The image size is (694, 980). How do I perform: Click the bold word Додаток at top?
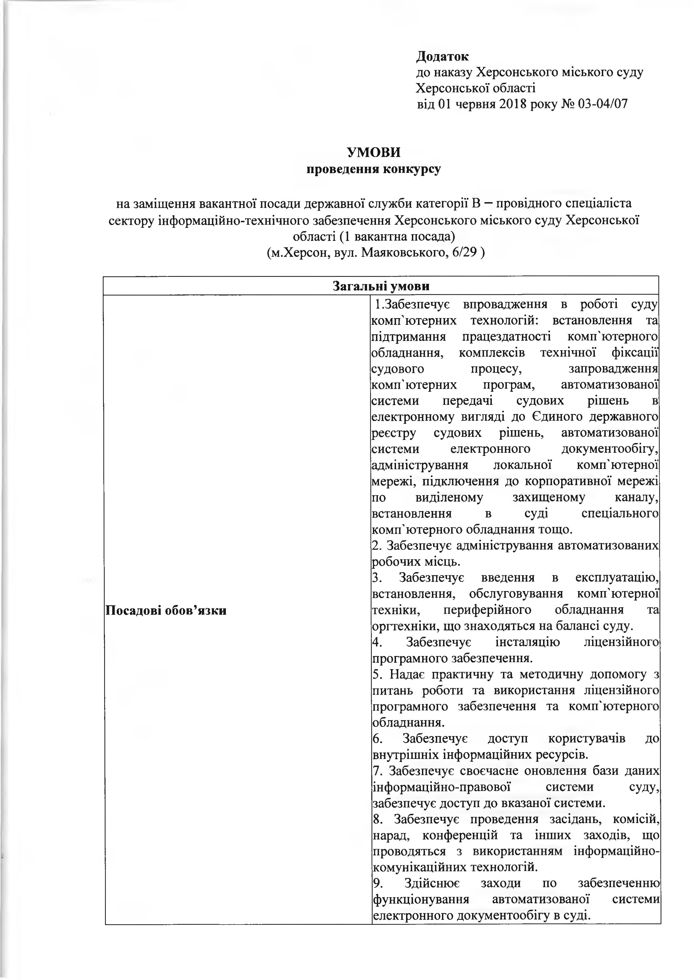(x=442, y=57)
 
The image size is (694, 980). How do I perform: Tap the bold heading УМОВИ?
(x=373, y=153)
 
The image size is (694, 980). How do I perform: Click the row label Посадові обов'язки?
(x=165, y=610)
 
